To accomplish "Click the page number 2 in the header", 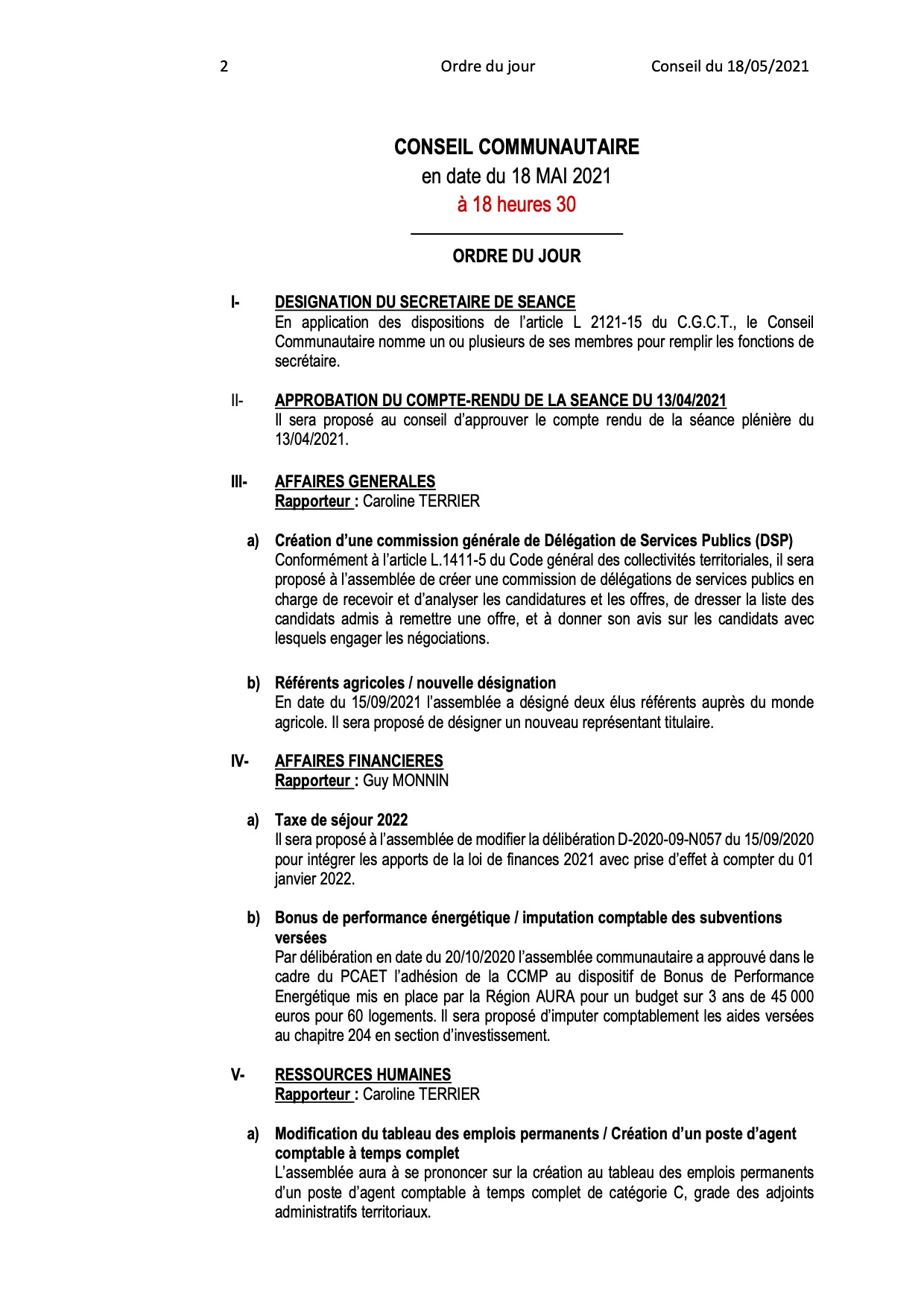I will pyautogui.click(x=224, y=66).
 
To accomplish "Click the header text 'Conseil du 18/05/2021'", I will pyautogui.click(x=730, y=66).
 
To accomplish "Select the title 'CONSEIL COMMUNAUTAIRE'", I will pyautogui.click(x=516, y=147).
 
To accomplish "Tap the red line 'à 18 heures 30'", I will pyautogui.click(x=516, y=204).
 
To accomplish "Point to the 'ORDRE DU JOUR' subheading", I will pyautogui.click(x=516, y=256).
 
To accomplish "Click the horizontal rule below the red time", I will pyautogui.click(x=516, y=235).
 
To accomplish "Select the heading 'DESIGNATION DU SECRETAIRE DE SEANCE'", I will pyautogui.click(x=425, y=303).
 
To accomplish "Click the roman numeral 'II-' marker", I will pyautogui.click(x=236, y=401).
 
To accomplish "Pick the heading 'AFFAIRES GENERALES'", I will pyautogui.click(x=355, y=482).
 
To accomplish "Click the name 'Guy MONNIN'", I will pyautogui.click(x=406, y=781).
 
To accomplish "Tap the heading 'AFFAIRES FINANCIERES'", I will pyautogui.click(x=358, y=762).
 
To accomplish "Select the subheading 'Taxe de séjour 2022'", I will pyautogui.click(x=341, y=820).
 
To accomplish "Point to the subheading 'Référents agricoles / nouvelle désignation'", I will pyautogui.click(x=415, y=683).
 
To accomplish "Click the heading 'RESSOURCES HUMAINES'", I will pyautogui.click(x=363, y=1075).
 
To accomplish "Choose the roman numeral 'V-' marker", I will pyautogui.click(x=237, y=1075).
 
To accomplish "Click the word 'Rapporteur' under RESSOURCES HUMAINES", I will pyautogui.click(x=312, y=1095).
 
